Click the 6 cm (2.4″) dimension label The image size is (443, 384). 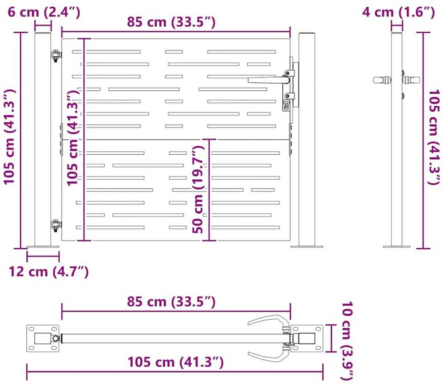click(x=44, y=12)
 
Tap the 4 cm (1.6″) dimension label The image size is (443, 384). click(x=398, y=12)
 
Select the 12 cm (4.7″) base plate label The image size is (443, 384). click(x=48, y=271)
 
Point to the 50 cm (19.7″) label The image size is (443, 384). click(x=198, y=189)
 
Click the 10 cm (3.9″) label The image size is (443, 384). click(x=347, y=341)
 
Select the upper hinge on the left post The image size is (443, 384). click(x=56, y=55)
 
